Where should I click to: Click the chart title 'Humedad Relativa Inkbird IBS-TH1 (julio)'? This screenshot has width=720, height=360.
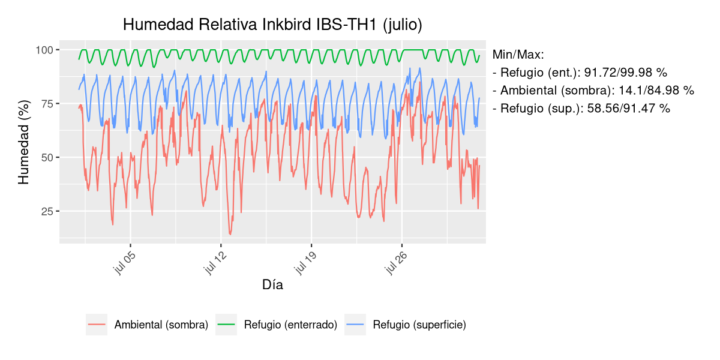click(272, 25)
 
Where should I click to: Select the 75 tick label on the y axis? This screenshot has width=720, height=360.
click(47, 104)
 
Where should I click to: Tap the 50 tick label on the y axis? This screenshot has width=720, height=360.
click(47, 157)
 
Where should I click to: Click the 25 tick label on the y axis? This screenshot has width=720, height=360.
click(47, 211)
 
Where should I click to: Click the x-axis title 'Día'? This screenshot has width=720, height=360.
click(272, 285)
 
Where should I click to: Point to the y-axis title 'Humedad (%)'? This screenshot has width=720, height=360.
click(23, 146)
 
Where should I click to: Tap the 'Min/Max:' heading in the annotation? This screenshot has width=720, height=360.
click(518, 55)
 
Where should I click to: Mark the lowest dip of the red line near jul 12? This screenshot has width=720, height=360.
click(230, 234)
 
